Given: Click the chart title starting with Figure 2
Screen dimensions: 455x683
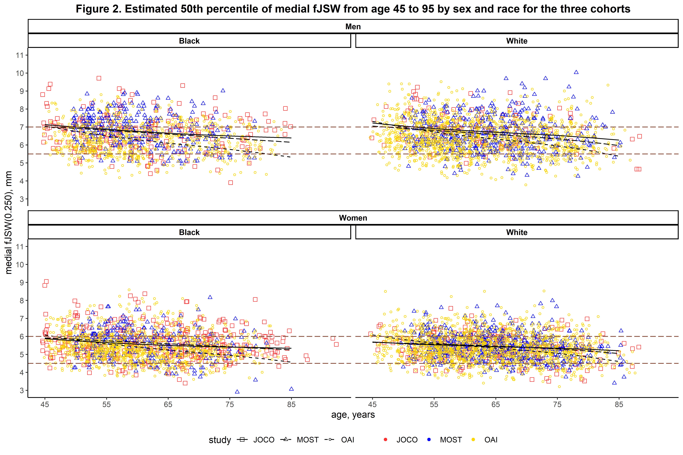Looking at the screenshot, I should (x=353, y=9).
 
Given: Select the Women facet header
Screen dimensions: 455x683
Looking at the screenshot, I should (x=353, y=218).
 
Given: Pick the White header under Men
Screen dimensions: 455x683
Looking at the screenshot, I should (x=517, y=41).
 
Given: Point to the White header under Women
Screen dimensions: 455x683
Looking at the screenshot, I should (x=517, y=232).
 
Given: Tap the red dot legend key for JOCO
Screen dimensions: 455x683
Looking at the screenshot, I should (x=385, y=440).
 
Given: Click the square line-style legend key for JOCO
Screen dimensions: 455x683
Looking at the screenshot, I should (x=242, y=440).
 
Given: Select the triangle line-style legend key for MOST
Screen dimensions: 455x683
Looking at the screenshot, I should (x=285, y=440).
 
